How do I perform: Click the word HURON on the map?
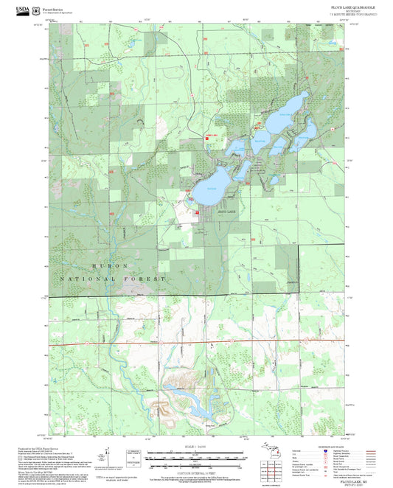pos(111,265)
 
